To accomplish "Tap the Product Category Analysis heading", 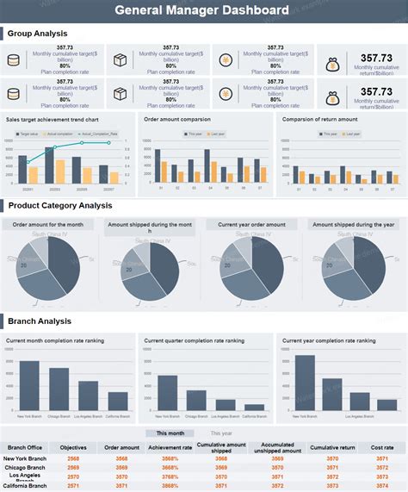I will tap(60, 206).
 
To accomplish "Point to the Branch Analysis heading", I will tap(40, 321).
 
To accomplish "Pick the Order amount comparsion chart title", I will tap(177, 120).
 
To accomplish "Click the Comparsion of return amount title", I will tap(319, 120).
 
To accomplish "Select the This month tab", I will tap(170, 433).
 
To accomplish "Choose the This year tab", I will tap(221, 433).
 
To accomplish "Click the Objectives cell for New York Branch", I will tap(74, 458).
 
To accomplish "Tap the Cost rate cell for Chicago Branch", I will tap(382, 467).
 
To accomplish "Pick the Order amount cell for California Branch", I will tap(122, 486).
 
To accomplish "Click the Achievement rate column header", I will tap(170, 447).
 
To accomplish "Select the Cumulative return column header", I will tap(332, 447).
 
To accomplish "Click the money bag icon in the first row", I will tap(332, 64).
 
